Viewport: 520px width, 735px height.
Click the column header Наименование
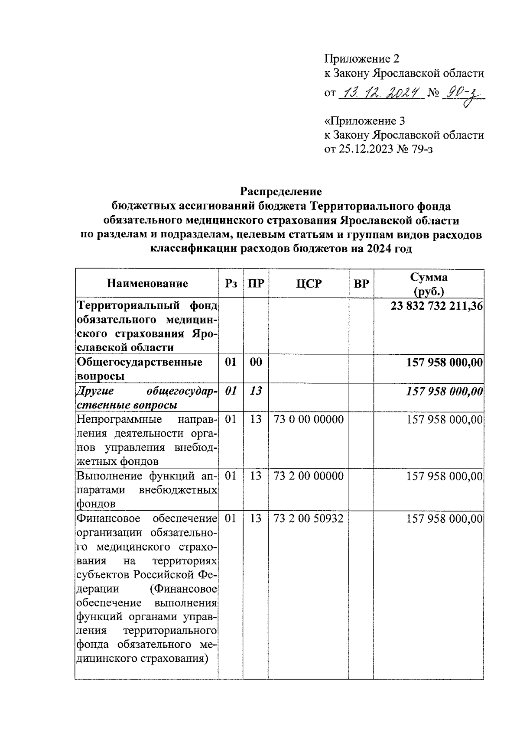click(147, 284)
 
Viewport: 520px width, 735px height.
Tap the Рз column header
click(231, 284)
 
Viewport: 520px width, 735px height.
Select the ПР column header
click(256, 284)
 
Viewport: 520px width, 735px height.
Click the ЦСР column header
click(309, 284)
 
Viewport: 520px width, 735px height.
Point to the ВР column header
click(361, 284)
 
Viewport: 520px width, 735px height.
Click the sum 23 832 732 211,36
click(436, 306)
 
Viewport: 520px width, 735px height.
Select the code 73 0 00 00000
click(309, 419)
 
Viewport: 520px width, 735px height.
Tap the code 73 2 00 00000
click(309, 476)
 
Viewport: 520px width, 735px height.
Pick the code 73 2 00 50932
click(309, 518)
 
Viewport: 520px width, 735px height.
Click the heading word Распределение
click(281, 191)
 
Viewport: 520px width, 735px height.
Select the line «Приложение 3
click(365, 120)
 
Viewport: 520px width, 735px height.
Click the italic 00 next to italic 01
click(256, 391)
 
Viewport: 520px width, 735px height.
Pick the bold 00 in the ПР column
click(256, 362)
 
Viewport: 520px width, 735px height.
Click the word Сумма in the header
click(429, 277)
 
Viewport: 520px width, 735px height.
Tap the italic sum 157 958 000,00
click(444, 391)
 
